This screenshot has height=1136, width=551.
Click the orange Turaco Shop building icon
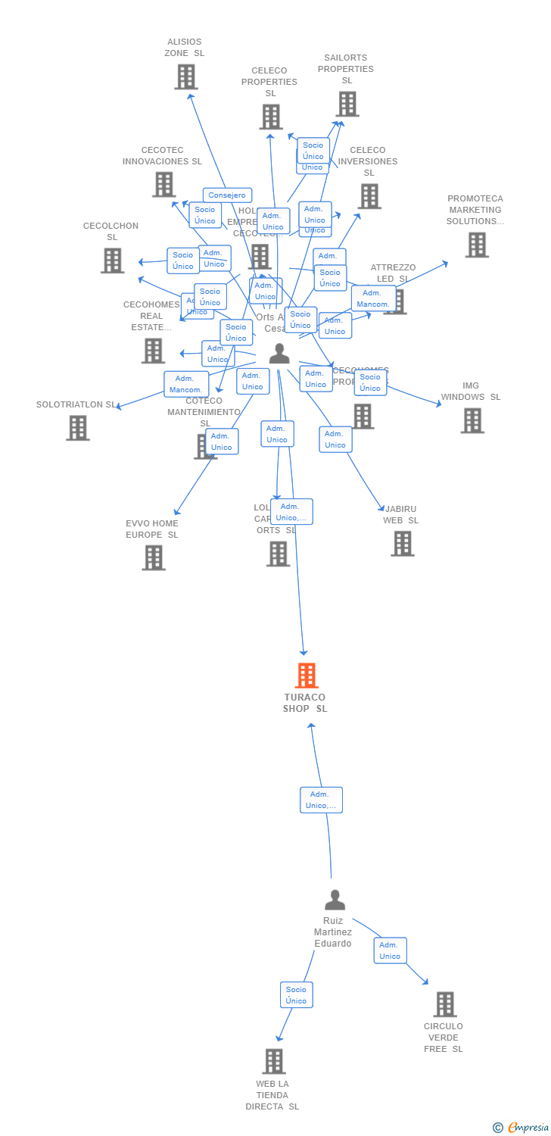[306, 676]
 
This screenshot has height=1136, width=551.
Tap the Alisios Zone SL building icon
[186, 76]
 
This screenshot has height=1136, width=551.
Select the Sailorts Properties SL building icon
[347, 104]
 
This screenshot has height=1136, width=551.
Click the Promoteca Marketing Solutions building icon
[476, 245]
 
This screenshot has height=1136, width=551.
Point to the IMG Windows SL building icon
[472, 420]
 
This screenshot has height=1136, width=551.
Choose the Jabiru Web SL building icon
[403, 543]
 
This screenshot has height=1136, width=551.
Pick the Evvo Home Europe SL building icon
[154, 557]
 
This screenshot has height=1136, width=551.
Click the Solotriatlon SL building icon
[77, 428]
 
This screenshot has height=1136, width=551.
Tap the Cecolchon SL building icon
[112, 261]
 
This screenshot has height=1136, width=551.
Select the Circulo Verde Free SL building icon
[444, 1004]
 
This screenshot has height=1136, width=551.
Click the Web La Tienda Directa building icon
[274, 1061]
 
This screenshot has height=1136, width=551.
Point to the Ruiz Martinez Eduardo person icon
[335, 900]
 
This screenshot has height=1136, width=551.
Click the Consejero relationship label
[227, 195]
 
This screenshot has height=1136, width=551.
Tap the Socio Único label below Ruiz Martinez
[296, 994]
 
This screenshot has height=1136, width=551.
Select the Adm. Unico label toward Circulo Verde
[390, 950]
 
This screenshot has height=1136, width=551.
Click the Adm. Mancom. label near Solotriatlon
[186, 384]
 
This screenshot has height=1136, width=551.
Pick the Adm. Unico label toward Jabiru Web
[335, 439]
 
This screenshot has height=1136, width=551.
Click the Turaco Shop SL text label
[305, 703]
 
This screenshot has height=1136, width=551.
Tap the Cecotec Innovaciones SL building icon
[163, 185]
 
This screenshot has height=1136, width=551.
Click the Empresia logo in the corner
[521, 1128]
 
